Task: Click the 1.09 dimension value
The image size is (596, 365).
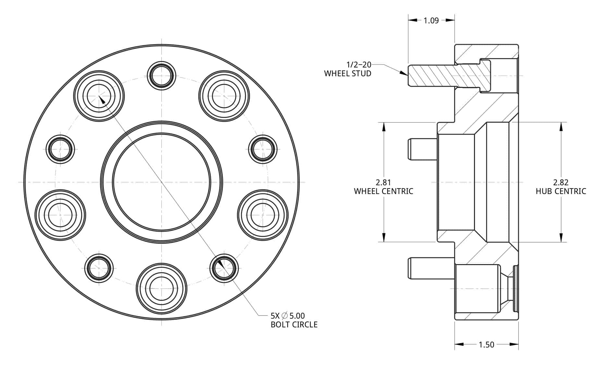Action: coord(431,20)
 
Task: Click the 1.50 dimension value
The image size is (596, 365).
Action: coord(486,345)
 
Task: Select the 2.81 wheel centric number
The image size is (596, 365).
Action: coord(383,182)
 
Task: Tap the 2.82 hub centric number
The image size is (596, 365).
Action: coord(561,182)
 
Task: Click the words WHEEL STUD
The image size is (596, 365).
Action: coord(347,74)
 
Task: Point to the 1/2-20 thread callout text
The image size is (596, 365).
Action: coord(359,65)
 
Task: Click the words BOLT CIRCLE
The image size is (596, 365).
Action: coord(294,325)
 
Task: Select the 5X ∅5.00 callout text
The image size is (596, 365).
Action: coord(287,316)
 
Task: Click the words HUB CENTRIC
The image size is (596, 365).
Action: coord(561,191)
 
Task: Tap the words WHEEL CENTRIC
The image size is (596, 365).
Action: coord(383,191)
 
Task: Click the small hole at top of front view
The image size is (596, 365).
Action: coord(161,75)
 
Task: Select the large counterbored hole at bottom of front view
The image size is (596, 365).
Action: coord(161,288)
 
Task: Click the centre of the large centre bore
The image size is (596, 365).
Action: coord(161,182)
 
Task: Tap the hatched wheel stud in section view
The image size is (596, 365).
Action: coord(448,76)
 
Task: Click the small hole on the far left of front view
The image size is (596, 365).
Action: coord(60,149)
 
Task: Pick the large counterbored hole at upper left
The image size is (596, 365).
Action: coord(99,96)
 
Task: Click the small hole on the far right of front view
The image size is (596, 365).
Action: coord(263,149)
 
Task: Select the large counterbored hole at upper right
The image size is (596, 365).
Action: coord(224,96)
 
